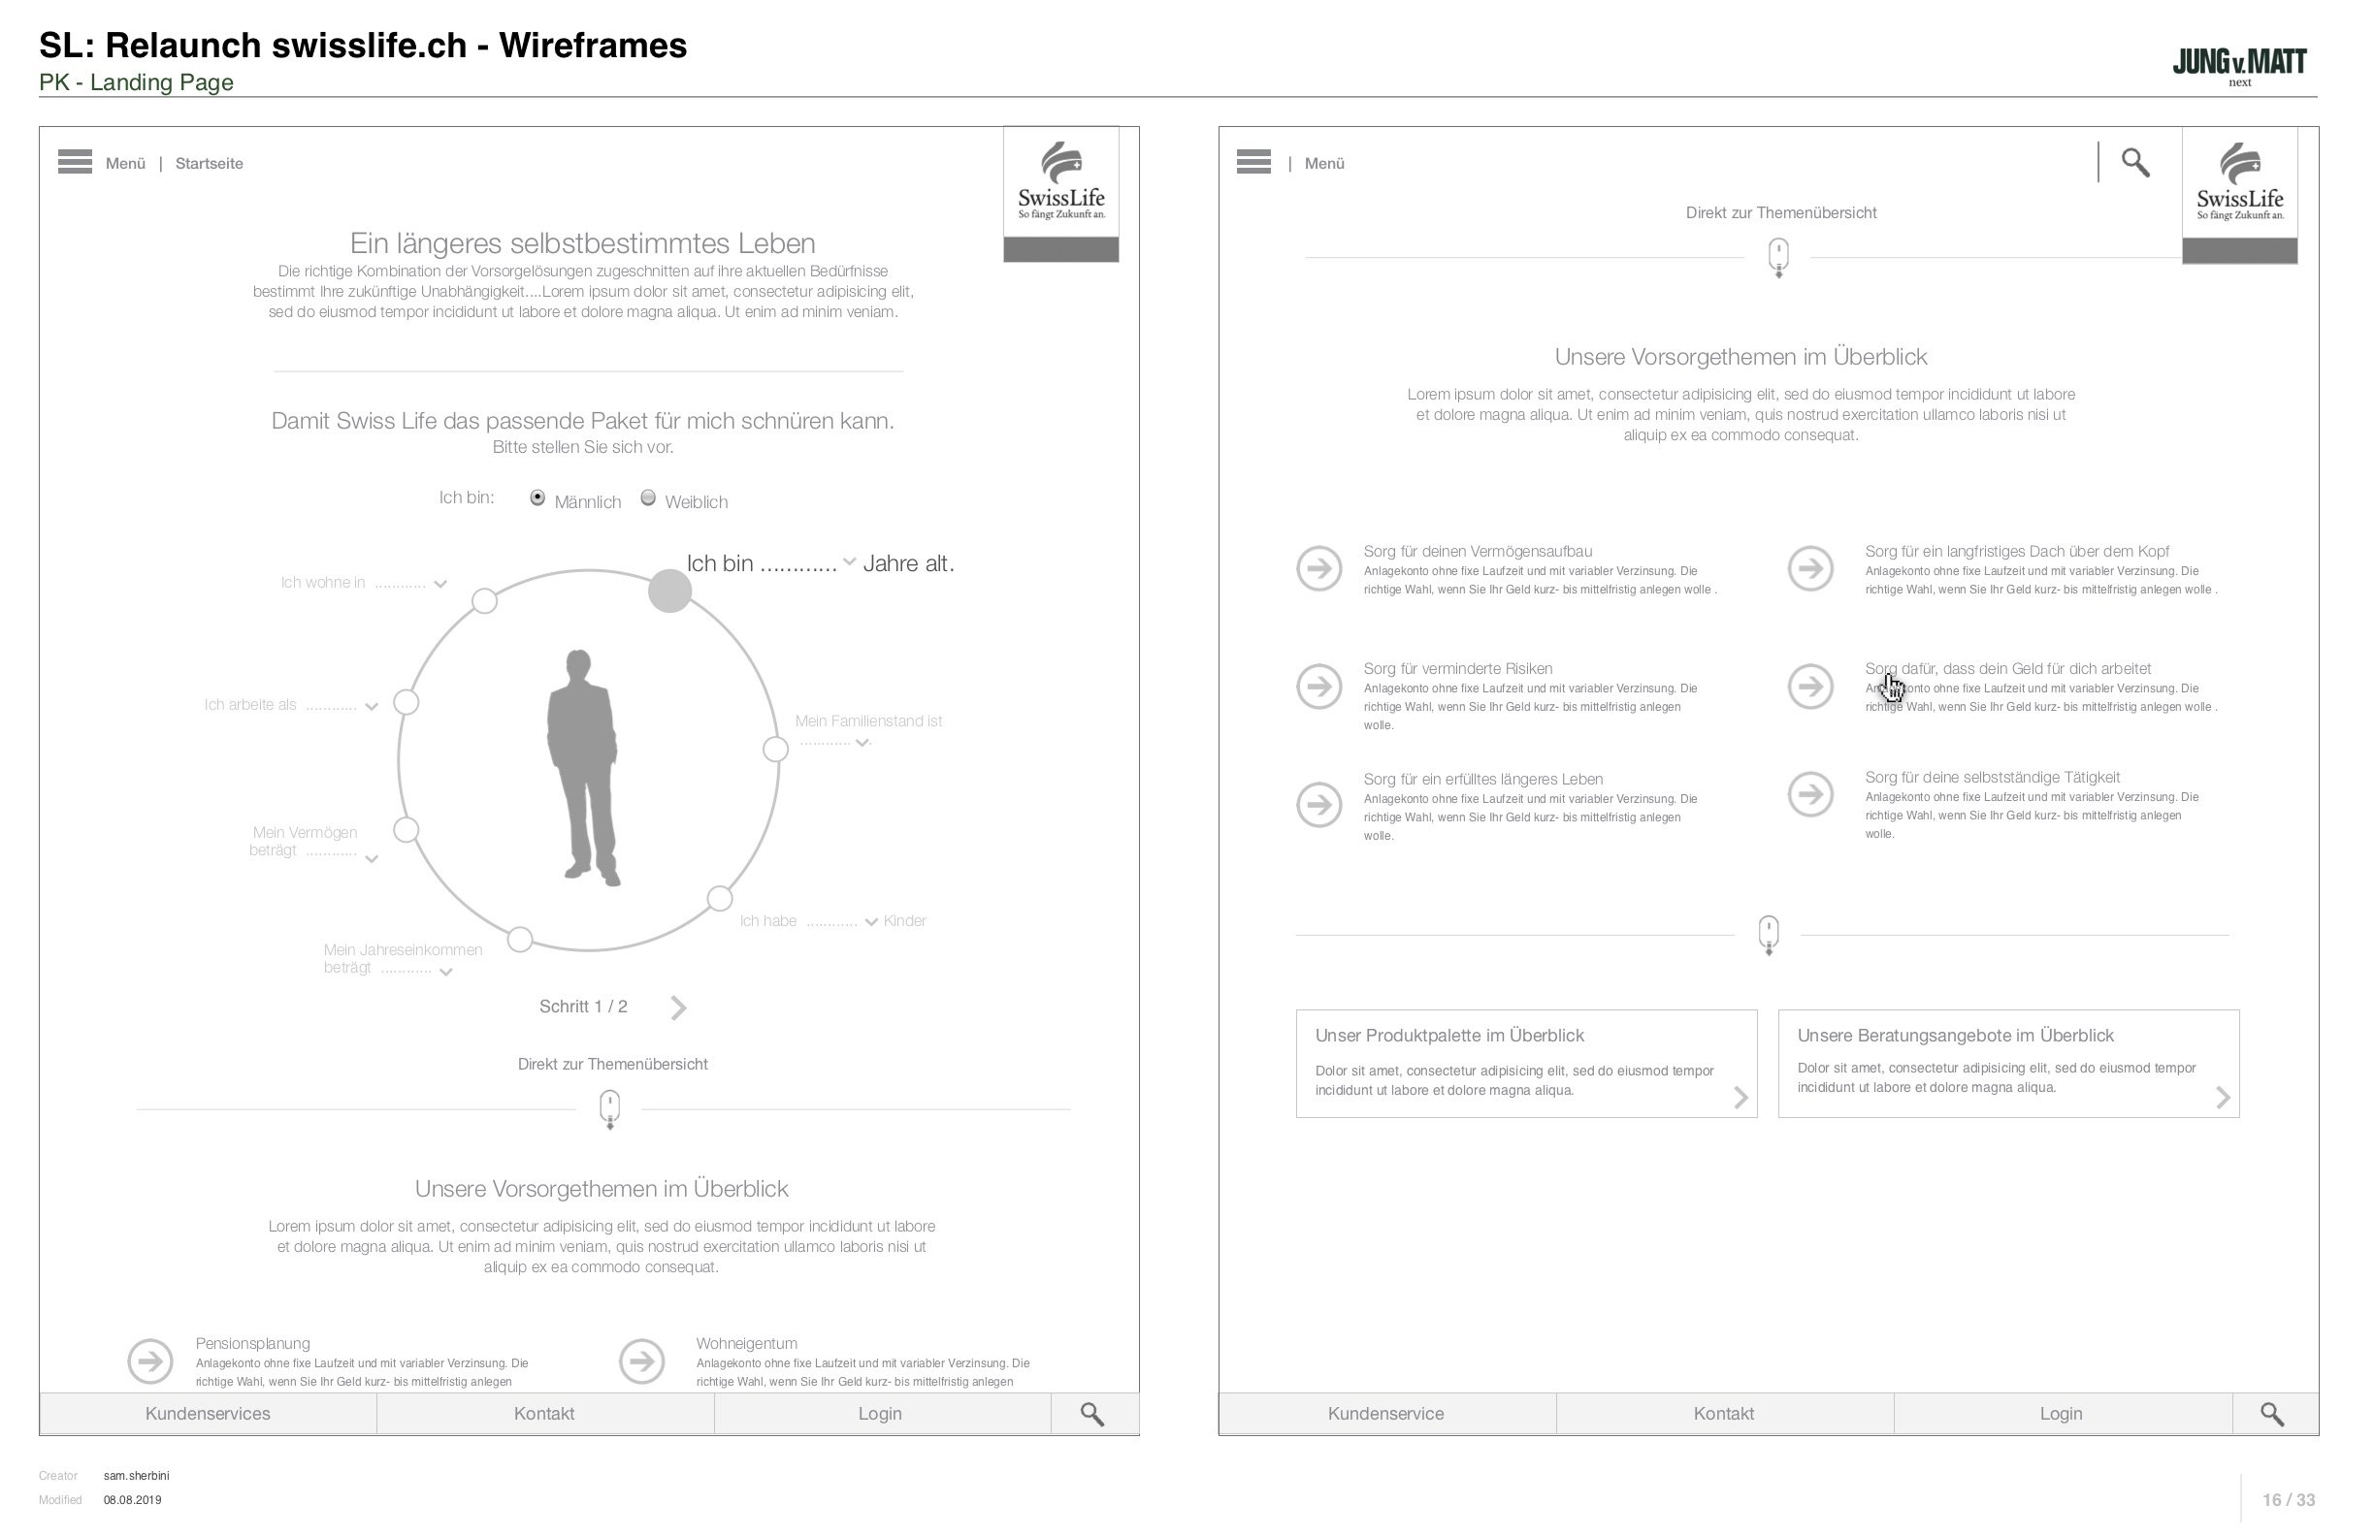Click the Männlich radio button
(x=537, y=498)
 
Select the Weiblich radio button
(x=649, y=498)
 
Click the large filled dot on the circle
(x=669, y=592)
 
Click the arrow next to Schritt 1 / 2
(x=678, y=1008)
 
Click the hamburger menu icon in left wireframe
(x=75, y=162)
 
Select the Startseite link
(x=209, y=164)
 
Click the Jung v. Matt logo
(x=2239, y=65)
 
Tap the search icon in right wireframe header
(x=2135, y=163)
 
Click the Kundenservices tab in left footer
(x=208, y=1415)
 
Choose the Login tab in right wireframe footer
(x=2061, y=1415)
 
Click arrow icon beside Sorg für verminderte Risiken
(x=1319, y=687)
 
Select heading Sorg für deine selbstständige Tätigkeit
(x=1992, y=778)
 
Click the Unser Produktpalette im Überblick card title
(x=1448, y=1037)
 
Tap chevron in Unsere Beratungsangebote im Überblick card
(x=2224, y=1098)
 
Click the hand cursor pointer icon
(x=1892, y=688)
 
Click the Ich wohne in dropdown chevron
(x=440, y=585)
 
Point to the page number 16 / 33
(x=2289, y=1500)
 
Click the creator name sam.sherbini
(x=137, y=1476)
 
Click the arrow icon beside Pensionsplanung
(x=150, y=1361)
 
